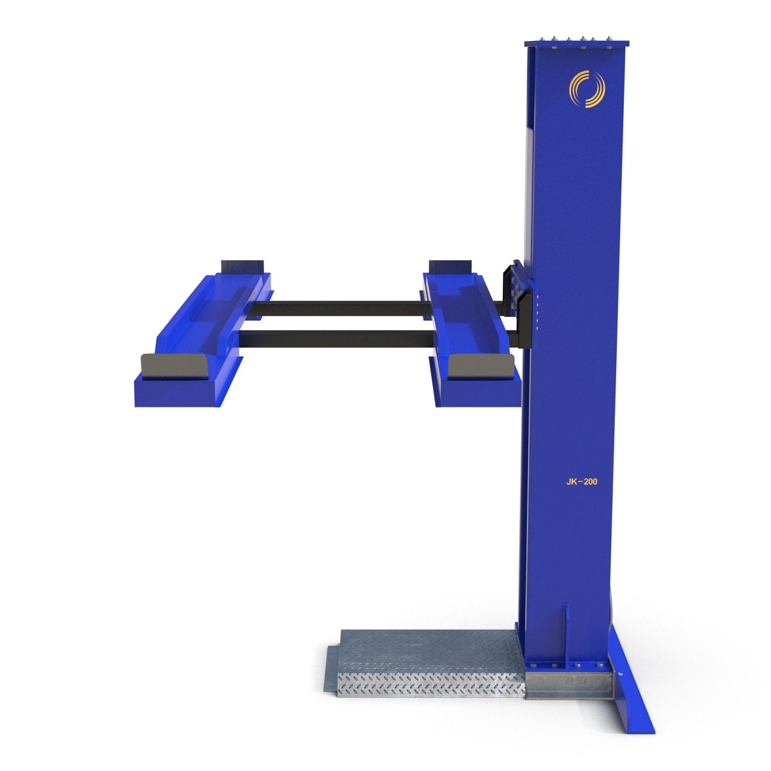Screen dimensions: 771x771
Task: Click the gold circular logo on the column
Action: click(586, 89)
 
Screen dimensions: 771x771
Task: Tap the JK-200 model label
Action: click(581, 481)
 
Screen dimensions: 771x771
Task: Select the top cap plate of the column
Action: click(576, 44)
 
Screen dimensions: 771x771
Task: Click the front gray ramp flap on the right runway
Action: click(481, 366)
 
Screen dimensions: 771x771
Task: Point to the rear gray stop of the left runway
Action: click(242, 266)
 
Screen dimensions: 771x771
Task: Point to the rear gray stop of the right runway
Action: click(450, 266)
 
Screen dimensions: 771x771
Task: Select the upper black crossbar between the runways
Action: click(341, 308)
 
